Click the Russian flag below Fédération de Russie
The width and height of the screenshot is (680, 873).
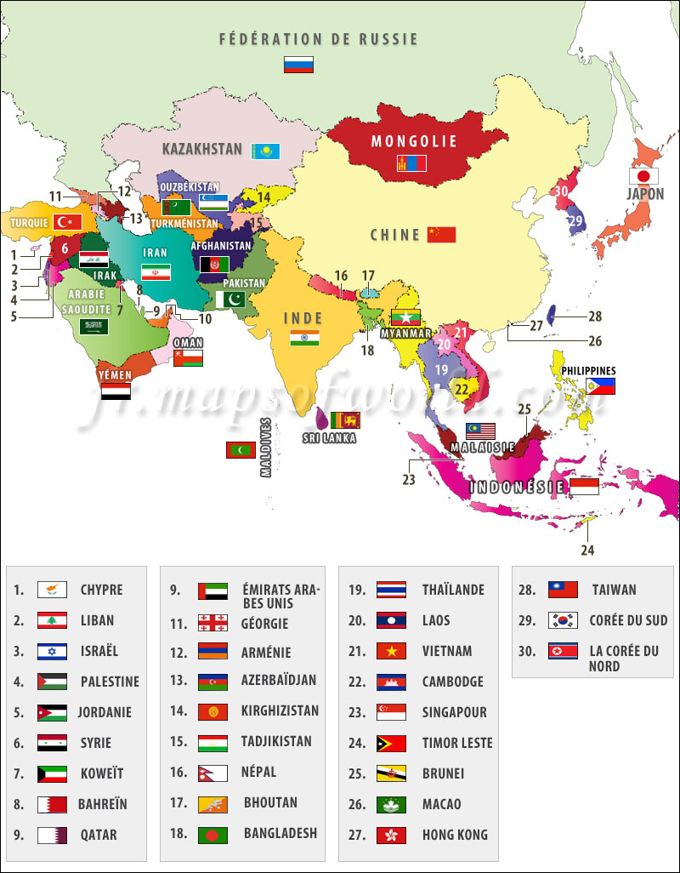[x=298, y=65]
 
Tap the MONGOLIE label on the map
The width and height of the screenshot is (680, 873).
[x=414, y=141]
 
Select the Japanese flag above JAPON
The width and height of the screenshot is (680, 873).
[x=643, y=176]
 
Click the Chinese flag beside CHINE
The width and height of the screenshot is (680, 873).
[x=441, y=235]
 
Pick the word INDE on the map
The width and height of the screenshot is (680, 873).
[x=303, y=318]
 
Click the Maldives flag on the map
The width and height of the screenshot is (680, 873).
[x=241, y=450]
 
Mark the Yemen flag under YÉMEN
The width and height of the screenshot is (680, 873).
[x=116, y=391]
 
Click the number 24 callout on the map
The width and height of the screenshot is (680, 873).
[x=588, y=550]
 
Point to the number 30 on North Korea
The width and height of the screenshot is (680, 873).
[x=560, y=191]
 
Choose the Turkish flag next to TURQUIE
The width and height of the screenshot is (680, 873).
[x=67, y=222]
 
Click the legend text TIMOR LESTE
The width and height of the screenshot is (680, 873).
[x=457, y=743]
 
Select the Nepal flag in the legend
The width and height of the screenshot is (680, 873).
[x=212, y=773]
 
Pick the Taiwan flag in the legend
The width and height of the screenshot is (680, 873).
[x=563, y=590]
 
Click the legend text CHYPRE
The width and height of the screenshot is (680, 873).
[x=101, y=590]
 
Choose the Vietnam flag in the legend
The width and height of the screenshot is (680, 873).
[x=391, y=651]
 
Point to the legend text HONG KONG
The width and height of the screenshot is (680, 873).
[x=455, y=835]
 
